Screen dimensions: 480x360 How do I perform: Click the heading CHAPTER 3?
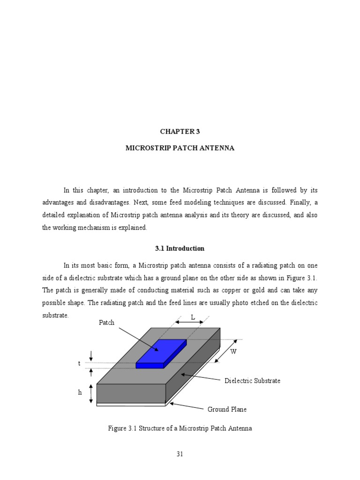click(x=180, y=132)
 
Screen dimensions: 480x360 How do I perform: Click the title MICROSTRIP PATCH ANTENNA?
click(x=180, y=148)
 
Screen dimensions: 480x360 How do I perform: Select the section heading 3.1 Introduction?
click(x=180, y=248)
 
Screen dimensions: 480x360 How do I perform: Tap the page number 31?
click(x=180, y=454)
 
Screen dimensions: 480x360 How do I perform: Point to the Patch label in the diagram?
click(x=106, y=323)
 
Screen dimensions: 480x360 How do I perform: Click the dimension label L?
click(x=192, y=317)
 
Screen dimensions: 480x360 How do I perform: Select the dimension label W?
click(x=233, y=352)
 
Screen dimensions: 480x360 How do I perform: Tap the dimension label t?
click(x=79, y=364)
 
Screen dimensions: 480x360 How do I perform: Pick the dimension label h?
click(x=80, y=393)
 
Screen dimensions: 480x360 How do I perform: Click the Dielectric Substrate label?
click(x=252, y=381)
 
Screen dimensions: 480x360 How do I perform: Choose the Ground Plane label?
click(x=227, y=409)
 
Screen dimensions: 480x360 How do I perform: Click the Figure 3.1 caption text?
click(x=180, y=428)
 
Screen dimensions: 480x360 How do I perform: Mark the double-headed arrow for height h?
click(x=91, y=393)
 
